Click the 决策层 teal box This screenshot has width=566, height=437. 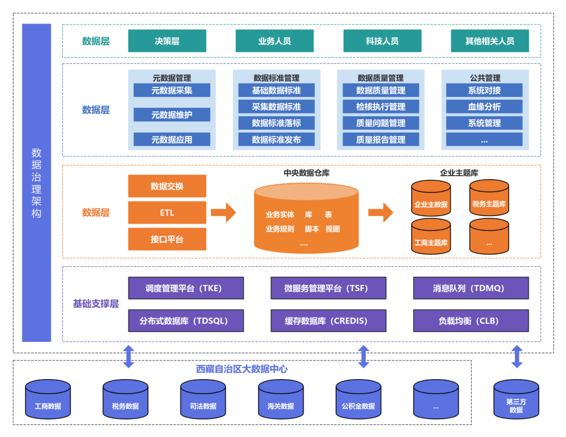tap(167, 41)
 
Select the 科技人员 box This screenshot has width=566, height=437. tap(382, 41)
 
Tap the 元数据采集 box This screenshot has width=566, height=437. tap(172, 90)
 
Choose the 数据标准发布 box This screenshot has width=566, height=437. tap(276, 140)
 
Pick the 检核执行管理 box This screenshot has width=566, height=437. tap(381, 107)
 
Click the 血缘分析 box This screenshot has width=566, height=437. tap(485, 107)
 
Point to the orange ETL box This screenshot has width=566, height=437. tap(167, 212)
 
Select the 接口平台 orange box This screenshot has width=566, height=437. tap(167, 239)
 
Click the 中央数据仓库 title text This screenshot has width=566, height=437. tap(307, 173)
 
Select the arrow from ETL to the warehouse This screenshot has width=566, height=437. tap(223, 212)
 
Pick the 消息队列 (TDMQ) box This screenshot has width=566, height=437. tap(471, 288)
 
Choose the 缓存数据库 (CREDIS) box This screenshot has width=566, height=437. tap(328, 320)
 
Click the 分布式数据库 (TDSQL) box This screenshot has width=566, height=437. tap(186, 320)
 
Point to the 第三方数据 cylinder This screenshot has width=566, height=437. tap(516, 400)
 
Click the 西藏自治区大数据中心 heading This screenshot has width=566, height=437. tap(242, 369)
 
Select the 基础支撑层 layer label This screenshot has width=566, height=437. tap(96, 304)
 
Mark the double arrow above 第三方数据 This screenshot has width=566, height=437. tap(516, 357)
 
